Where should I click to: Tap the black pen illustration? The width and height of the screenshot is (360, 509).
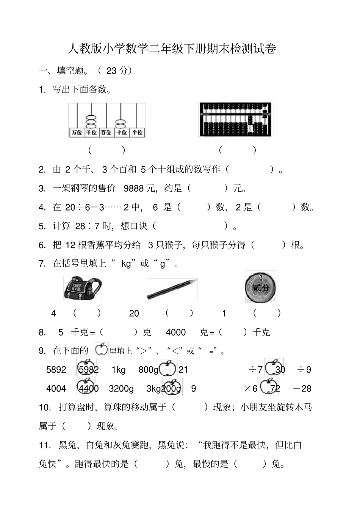point(172,289)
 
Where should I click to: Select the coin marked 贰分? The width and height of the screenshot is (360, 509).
point(261,287)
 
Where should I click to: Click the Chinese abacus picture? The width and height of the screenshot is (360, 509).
point(235,120)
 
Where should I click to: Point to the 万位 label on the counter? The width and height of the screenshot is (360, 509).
point(77,133)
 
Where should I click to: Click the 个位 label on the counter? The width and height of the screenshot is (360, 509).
point(137,133)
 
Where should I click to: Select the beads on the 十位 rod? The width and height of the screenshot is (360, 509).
point(121,124)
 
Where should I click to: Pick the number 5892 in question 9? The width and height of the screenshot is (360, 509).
point(56,370)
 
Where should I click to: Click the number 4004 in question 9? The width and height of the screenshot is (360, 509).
point(56,389)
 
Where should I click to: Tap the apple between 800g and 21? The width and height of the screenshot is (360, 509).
point(167,368)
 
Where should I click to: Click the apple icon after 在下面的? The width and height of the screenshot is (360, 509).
point(101,350)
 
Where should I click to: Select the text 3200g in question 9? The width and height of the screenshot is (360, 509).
point(121,389)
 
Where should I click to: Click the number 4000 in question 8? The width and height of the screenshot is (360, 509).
point(176,333)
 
